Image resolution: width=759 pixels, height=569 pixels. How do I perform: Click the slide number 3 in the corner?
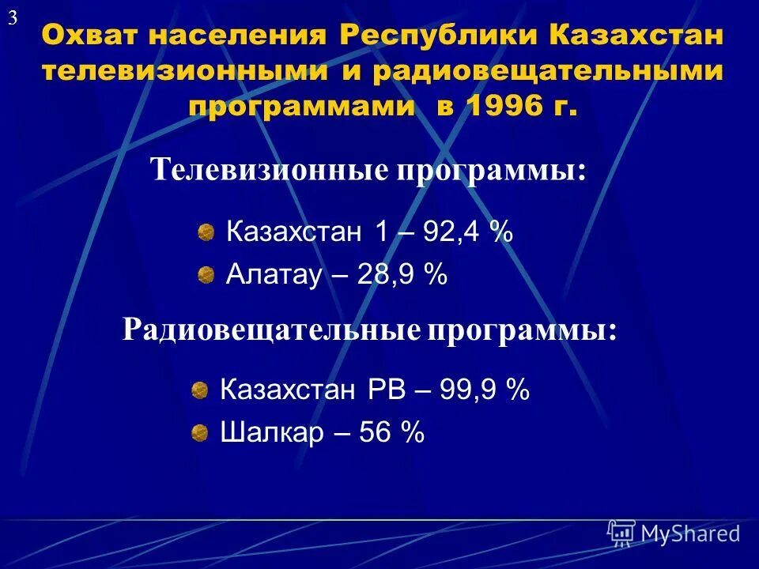pyautogui.click(x=13, y=19)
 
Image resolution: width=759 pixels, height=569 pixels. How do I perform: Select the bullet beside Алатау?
pyautogui.click(x=206, y=274)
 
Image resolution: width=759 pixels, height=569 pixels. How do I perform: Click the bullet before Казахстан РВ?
pyautogui.click(x=199, y=389)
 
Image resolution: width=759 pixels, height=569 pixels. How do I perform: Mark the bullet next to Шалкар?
pyautogui.click(x=199, y=432)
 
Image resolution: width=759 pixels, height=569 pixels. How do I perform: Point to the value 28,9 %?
pyautogui.click(x=402, y=274)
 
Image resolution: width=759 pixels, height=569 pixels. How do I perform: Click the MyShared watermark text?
pyautogui.click(x=690, y=533)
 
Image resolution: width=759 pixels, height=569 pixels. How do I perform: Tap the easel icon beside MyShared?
pyautogui.click(x=621, y=533)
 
